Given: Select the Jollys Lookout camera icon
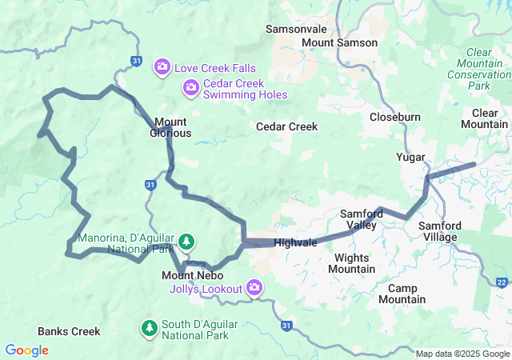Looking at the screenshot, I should tap(255, 286).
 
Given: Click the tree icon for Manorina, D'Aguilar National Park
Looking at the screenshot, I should tap(186, 240).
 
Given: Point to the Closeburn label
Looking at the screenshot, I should tap(395, 117).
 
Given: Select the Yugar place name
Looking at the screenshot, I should tap(410, 157).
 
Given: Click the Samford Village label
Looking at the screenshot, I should tap(438, 231).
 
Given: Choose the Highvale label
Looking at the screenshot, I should tap(295, 242).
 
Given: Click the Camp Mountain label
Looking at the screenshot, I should tap(402, 294).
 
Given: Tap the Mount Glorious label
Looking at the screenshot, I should tap(170, 127).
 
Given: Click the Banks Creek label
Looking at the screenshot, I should tap(69, 331).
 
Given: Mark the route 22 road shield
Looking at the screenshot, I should tap(502, 282).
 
